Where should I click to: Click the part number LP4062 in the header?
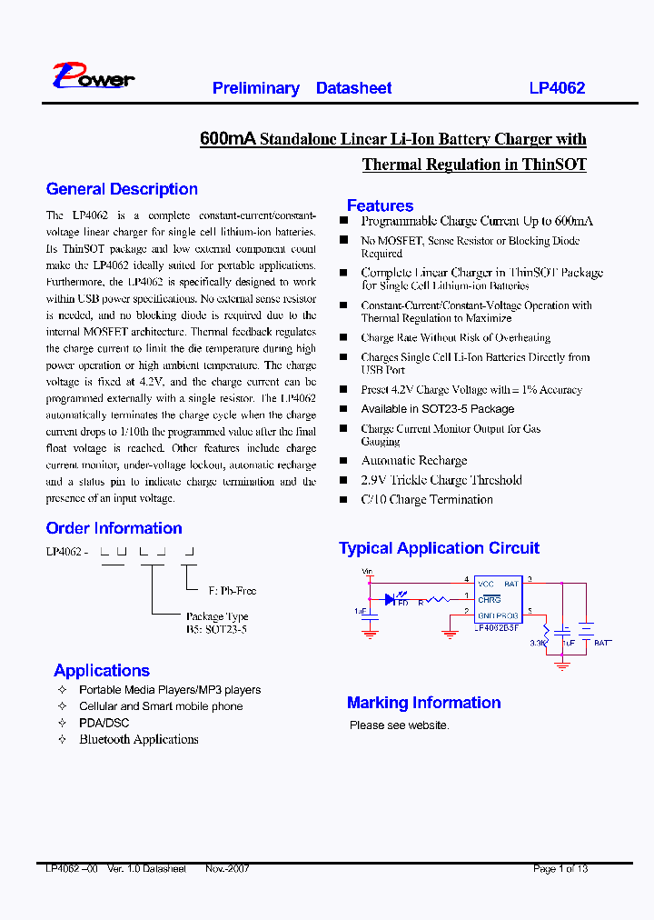pyautogui.click(x=557, y=88)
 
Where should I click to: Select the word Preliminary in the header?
pyautogui.click(x=255, y=88)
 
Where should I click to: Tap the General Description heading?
pyautogui.click(x=122, y=189)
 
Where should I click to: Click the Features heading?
pyautogui.click(x=380, y=205)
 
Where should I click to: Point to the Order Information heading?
pyautogui.click(x=114, y=528)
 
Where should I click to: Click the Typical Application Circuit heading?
pyautogui.click(x=439, y=548)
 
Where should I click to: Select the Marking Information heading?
pyautogui.click(x=423, y=703)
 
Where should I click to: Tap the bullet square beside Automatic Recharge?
pyautogui.click(x=343, y=461)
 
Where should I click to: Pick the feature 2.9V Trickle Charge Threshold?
pyautogui.click(x=441, y=480)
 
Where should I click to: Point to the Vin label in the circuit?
pyautogui.click(x=367, y=572)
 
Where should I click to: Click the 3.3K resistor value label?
pyautogui.click(x=538, y=642)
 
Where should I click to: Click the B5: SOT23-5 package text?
pyautogui.click(x=216, y=629)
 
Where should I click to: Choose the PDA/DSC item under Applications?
pyautogui.click(x=104, y=723)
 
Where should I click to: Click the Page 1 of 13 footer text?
pyautogui.click(x=560, y=869)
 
